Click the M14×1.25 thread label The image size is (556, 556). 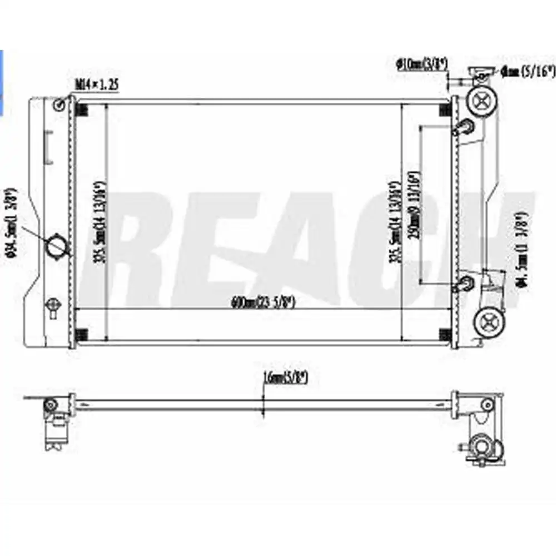point(97,85)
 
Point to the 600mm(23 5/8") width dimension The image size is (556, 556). point(262,303)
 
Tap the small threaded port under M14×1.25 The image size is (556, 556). point(61,105)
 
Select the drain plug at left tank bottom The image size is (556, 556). point(53,306)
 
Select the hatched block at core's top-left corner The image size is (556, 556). point(81,110)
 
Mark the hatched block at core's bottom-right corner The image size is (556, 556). point(444,334)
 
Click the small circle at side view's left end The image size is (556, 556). point(51,404)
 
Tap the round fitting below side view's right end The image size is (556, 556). point(479,445)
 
